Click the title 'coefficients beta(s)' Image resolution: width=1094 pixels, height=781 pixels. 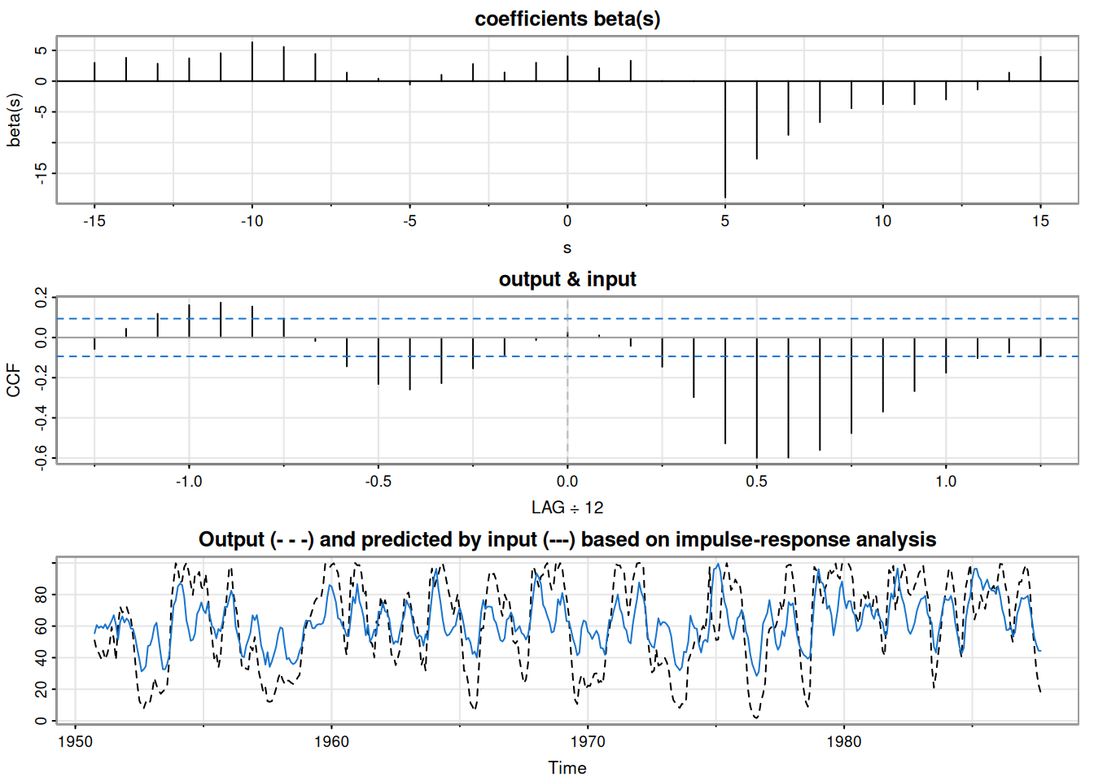(x=567, y=19)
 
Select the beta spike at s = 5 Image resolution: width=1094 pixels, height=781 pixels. (x=725, y=138)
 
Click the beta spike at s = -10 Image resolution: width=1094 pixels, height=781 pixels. (x=252, y=62)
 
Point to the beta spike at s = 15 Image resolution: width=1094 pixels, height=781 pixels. (x=1040, y=69)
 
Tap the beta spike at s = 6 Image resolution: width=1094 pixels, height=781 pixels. (x=757, y=120)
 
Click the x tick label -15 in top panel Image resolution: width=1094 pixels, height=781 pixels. (x=94, y=220)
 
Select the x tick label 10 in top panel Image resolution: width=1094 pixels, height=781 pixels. (x=882, y=220)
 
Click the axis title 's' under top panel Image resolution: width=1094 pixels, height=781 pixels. (x=567, y=247)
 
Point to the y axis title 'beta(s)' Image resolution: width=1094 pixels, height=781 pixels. (x=14, y=120)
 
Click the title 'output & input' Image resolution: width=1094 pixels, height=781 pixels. (x=567, y=279)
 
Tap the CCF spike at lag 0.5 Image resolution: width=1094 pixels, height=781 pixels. (x=757, y=398)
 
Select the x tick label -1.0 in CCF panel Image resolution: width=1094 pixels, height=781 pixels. (x=189, y=481)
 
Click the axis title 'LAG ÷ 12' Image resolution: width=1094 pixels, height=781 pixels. (x=567, y=508)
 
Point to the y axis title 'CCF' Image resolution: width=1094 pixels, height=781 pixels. (x=14, y=381)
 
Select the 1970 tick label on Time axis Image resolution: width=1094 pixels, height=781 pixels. (x=588, y=741)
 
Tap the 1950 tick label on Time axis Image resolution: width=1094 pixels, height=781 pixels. (x=76, y=741)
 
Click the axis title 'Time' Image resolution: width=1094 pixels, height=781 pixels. (x=567, y=768)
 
